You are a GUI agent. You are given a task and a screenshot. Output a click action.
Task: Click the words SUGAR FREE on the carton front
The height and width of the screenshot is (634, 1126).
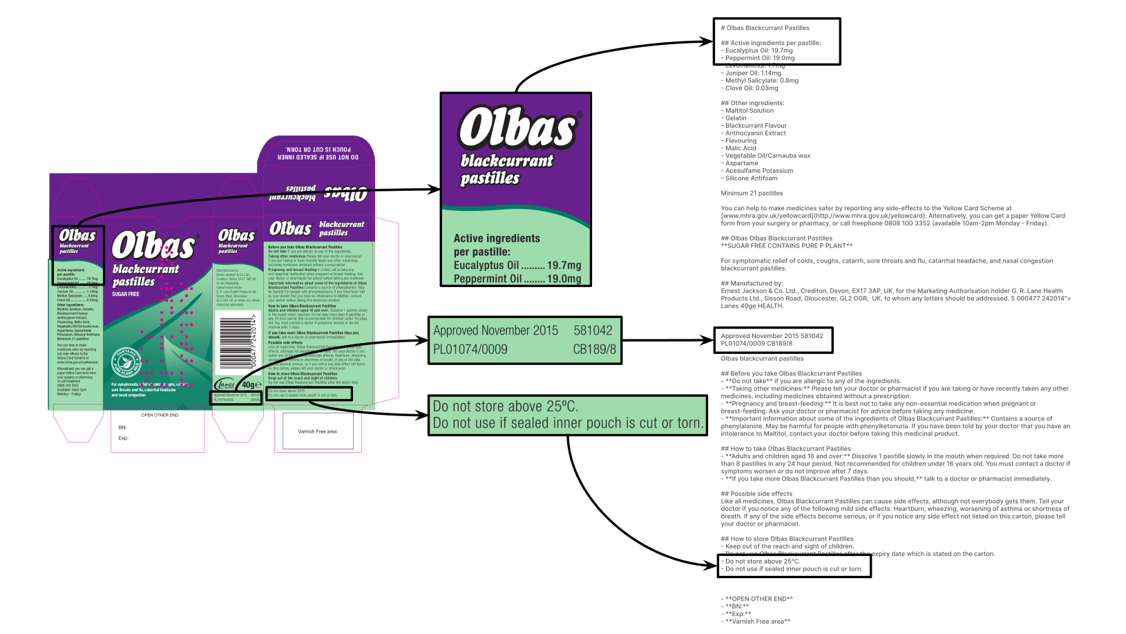point(126,294)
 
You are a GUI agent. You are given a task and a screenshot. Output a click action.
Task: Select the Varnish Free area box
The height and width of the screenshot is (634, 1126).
point(317,431)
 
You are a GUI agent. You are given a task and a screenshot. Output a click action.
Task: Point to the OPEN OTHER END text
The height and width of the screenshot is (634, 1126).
point(160,416)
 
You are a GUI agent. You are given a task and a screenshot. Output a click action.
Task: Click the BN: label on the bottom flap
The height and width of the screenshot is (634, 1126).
point(123,427)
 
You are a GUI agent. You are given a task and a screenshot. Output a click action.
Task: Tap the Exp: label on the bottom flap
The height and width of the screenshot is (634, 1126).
point(124,438)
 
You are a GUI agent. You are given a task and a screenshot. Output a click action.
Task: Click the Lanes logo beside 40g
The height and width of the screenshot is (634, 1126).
point(225,384)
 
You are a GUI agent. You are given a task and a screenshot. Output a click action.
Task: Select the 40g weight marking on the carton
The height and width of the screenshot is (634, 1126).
point(249,384)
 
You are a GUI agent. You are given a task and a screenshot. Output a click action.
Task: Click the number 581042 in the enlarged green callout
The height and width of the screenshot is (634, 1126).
point(593,330)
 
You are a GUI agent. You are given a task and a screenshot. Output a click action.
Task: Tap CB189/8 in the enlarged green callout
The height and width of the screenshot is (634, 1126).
point(594,349)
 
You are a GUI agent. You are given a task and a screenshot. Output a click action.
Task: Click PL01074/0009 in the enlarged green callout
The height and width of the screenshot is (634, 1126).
point(470,349)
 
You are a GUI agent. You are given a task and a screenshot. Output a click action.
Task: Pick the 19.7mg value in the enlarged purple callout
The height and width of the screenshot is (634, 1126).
point(564,265)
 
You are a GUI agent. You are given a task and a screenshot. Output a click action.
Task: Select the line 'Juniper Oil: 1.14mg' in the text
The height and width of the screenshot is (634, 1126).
point(753,73)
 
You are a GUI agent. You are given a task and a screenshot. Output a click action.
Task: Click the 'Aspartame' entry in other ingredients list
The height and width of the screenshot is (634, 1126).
point(741,163)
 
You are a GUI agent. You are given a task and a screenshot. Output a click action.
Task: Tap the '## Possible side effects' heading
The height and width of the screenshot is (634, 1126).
point(756,494)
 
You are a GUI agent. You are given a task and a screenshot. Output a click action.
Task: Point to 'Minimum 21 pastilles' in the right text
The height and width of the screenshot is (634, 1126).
point(752,194)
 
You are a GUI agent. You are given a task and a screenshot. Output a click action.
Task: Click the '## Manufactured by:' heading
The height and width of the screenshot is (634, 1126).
point(752,283)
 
